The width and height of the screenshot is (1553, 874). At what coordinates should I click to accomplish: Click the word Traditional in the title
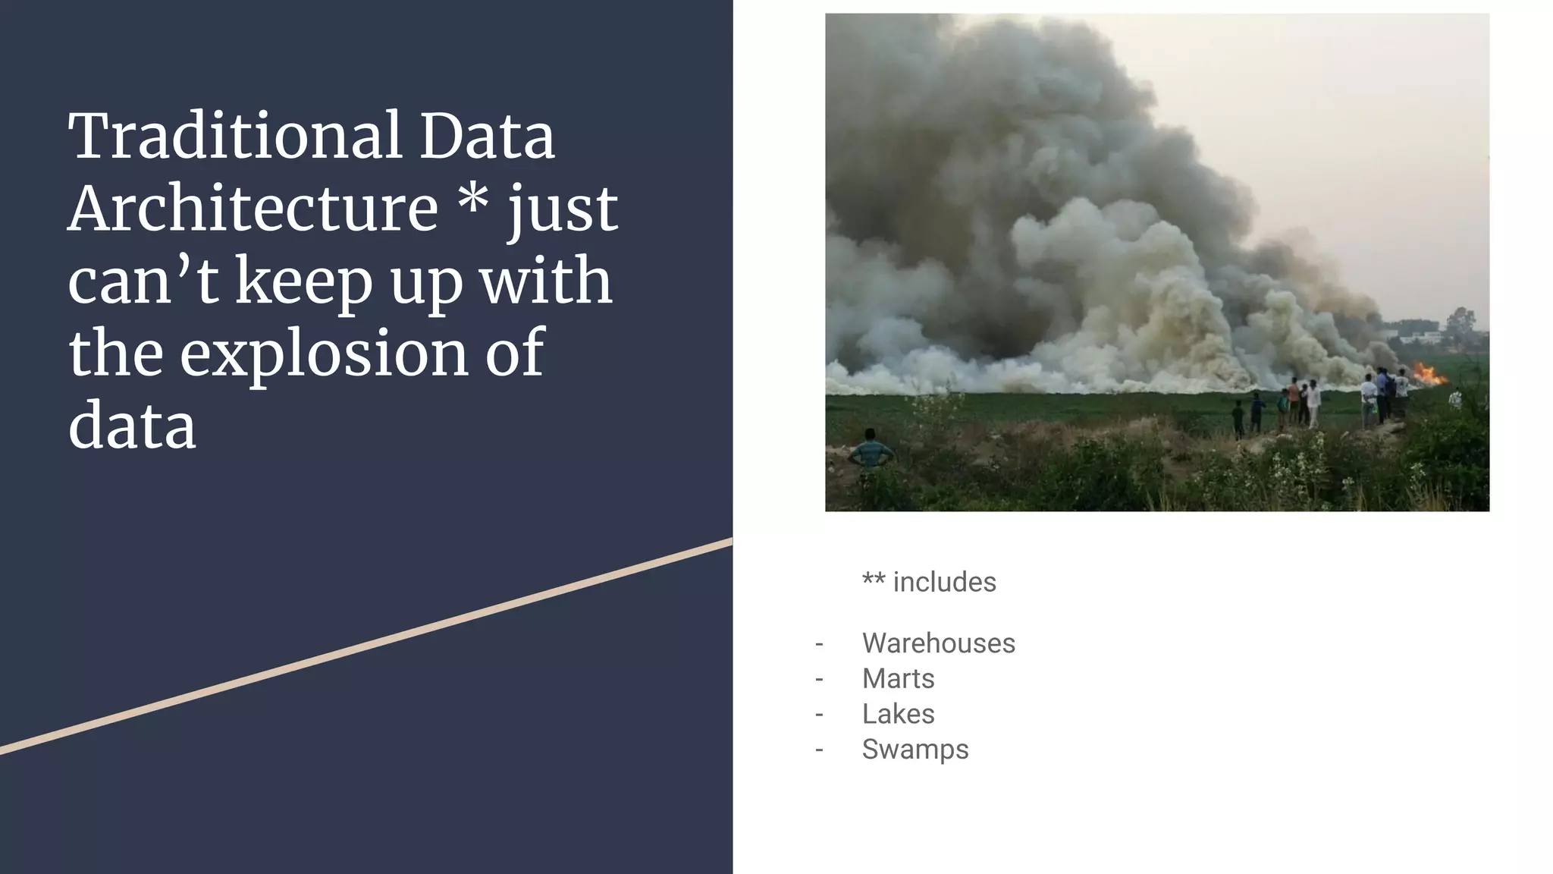(x=235, y=137)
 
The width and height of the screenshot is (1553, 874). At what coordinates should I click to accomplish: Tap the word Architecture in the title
(x=253, y=209)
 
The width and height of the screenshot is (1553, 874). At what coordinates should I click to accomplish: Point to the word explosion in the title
(x=324, y=354)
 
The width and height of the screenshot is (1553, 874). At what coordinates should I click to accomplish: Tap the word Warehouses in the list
(x=938, y=643)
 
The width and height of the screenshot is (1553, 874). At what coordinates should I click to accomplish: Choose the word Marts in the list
(x=898, y=678)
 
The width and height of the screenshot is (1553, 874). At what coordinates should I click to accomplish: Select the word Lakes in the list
(x=898, y=714)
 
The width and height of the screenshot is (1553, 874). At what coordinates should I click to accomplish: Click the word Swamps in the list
(x=915, y=750)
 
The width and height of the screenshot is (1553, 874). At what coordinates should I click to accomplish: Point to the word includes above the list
(x=944, y=583)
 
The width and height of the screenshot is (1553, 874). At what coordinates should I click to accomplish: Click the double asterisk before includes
(x=874, y=580)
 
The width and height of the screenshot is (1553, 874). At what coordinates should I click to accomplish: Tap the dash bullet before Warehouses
(x=819, y=644)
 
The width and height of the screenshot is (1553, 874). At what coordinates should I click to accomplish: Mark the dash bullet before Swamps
(x=819, y=750)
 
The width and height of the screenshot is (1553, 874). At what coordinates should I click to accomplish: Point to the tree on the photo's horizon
(x=1460, y=322)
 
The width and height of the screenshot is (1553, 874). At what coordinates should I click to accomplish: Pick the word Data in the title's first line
(x=487, y=137)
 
